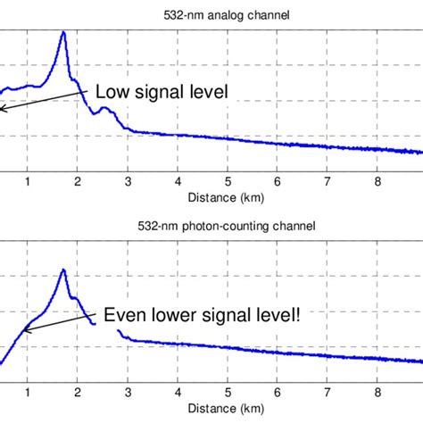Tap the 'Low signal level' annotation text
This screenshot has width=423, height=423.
(x=162, y=91)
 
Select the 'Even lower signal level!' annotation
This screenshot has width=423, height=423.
(x=208, y=314)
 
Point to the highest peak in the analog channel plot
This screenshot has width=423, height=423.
(x=63, y=33)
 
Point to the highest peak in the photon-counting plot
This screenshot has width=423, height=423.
(x=62, y=270)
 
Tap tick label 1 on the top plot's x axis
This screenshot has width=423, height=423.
(x=28, y=182)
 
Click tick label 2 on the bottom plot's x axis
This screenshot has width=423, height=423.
(x=78, y=394)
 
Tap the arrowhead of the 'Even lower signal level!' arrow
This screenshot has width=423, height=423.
(x=24, y=331)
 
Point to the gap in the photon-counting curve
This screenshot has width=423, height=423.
(x=107, y=329)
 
